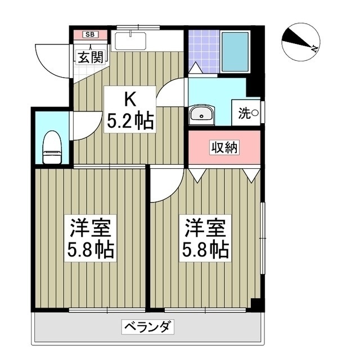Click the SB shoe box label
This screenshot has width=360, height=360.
[x=90, y=34]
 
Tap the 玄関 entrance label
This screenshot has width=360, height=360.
[x=89, y=56]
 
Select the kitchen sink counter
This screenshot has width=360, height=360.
[x=129, y=42]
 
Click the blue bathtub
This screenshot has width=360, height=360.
[x=235, y=51]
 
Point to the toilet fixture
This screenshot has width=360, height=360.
[x=52, y=147]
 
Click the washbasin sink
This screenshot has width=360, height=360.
[x=201, y=115]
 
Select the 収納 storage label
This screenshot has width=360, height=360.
[x=224, y=147]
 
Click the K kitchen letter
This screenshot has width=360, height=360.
[x=129, y=100]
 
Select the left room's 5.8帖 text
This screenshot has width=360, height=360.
[x=90, y=249]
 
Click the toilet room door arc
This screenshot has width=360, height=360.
[x=80, y=127]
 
